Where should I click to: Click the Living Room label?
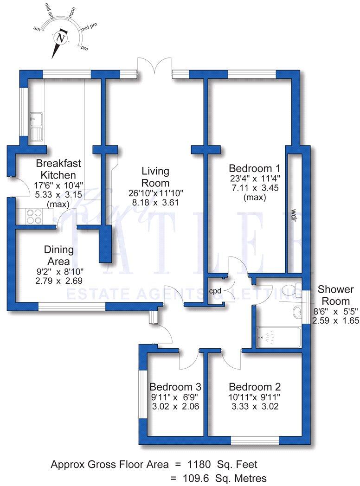tap(156, 177)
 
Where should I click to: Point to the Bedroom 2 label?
tap(255, 387)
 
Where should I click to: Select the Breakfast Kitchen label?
tap(58, 169)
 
